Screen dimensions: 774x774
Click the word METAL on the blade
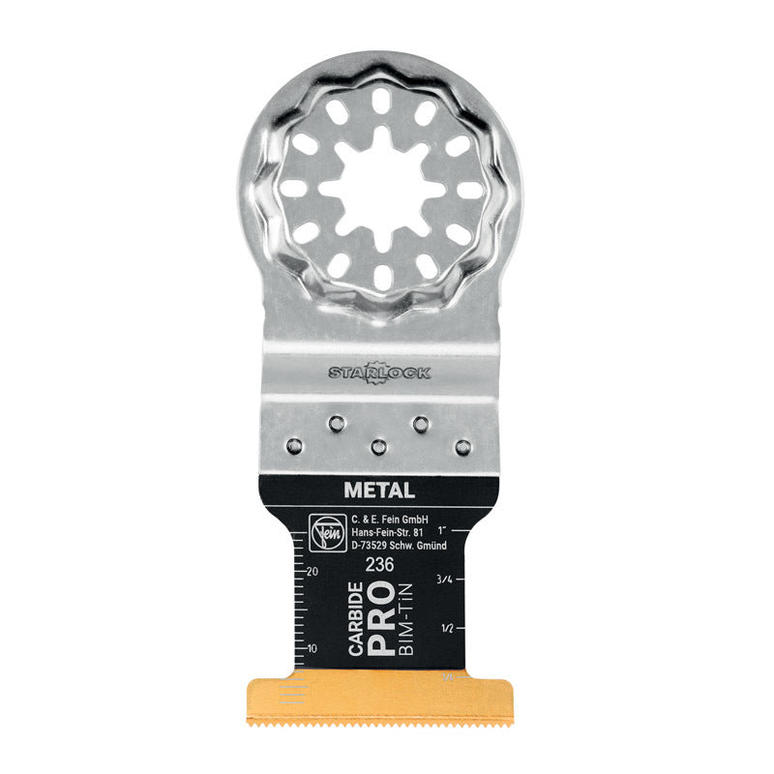point(378,491)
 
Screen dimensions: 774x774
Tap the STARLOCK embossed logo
point(378,372)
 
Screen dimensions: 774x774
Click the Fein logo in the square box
point(320,532)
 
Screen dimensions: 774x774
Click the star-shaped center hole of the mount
point(378,187)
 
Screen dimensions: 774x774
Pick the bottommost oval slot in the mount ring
point(378,277)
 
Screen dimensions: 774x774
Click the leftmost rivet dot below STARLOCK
point(291,446)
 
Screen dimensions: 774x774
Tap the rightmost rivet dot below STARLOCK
point(463,446)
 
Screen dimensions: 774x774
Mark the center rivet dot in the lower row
point(378,446)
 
